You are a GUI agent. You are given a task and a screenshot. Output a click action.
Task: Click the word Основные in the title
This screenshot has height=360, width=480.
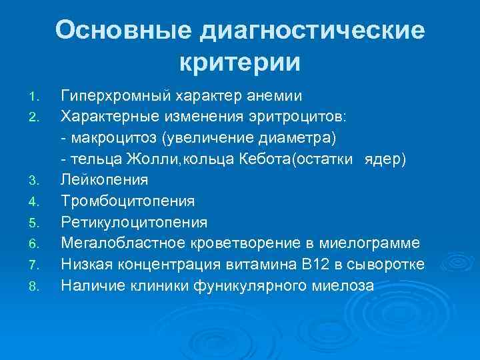[x=125, y=31]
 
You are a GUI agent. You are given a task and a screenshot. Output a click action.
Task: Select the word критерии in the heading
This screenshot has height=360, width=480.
[x=240, y=63]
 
